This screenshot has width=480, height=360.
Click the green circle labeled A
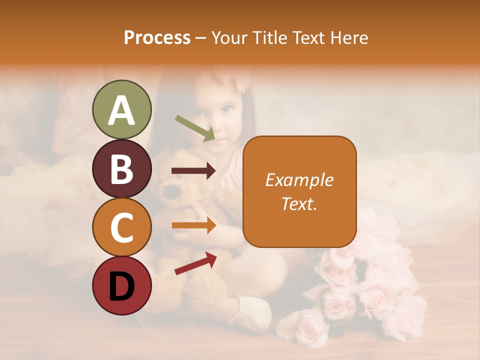click(x=121, y=109)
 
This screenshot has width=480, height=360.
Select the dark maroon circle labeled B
click(x=121, y=168)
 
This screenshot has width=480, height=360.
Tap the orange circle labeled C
click(x=121, y=227)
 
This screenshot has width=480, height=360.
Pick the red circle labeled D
click(x=121, y=285)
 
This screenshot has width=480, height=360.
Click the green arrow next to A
click(x=195, y=128)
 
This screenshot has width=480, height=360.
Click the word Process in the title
click(x=157, y=38)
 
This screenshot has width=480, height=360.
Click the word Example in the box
click(x=299, y=180)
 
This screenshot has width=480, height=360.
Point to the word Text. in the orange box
click(x=299, y=203)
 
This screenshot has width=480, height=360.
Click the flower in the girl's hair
click(x=241, y=80)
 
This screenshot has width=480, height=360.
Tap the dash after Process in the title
click(x=201, y=38)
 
